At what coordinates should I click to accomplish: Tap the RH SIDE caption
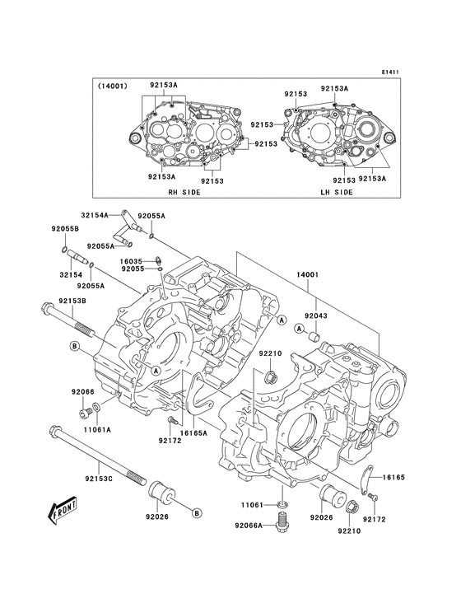[184, 191]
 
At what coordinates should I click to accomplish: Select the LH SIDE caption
[336, 191]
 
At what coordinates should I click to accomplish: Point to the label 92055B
[64, 227]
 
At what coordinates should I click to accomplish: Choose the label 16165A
[193, 432]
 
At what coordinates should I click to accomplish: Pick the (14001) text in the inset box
[111, 86]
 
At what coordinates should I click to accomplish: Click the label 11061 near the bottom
[252, 504]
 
